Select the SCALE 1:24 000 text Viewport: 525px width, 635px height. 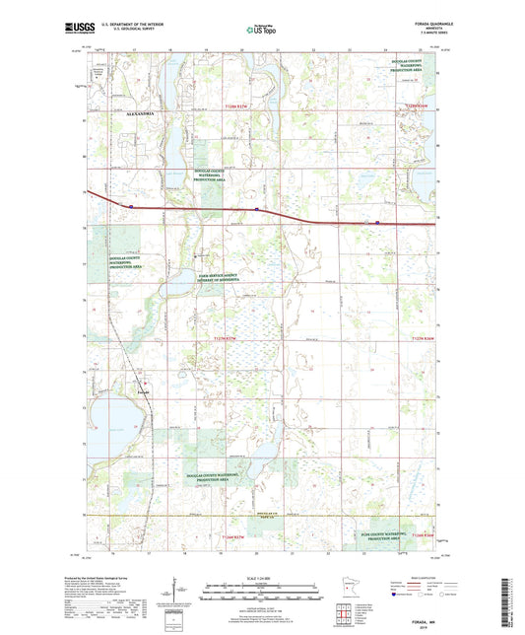[262, 578]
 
